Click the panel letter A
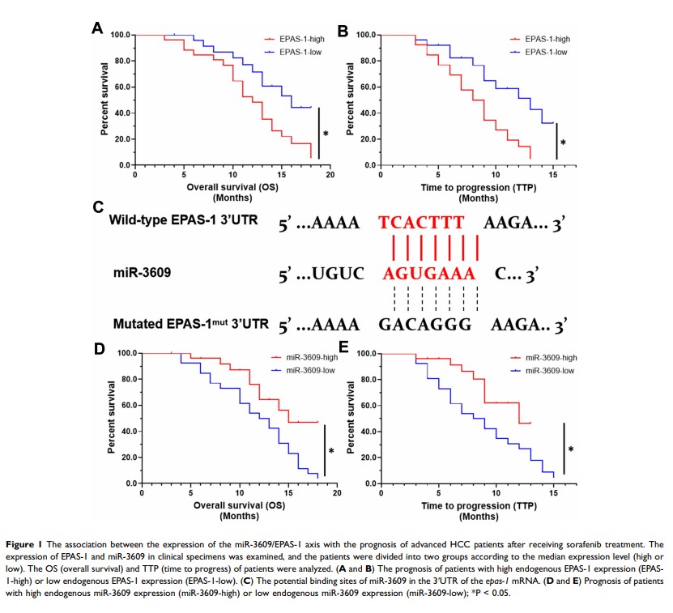97,29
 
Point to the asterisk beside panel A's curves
326,134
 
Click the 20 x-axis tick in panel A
330,174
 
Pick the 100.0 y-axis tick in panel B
364,36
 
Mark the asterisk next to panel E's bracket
571,449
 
